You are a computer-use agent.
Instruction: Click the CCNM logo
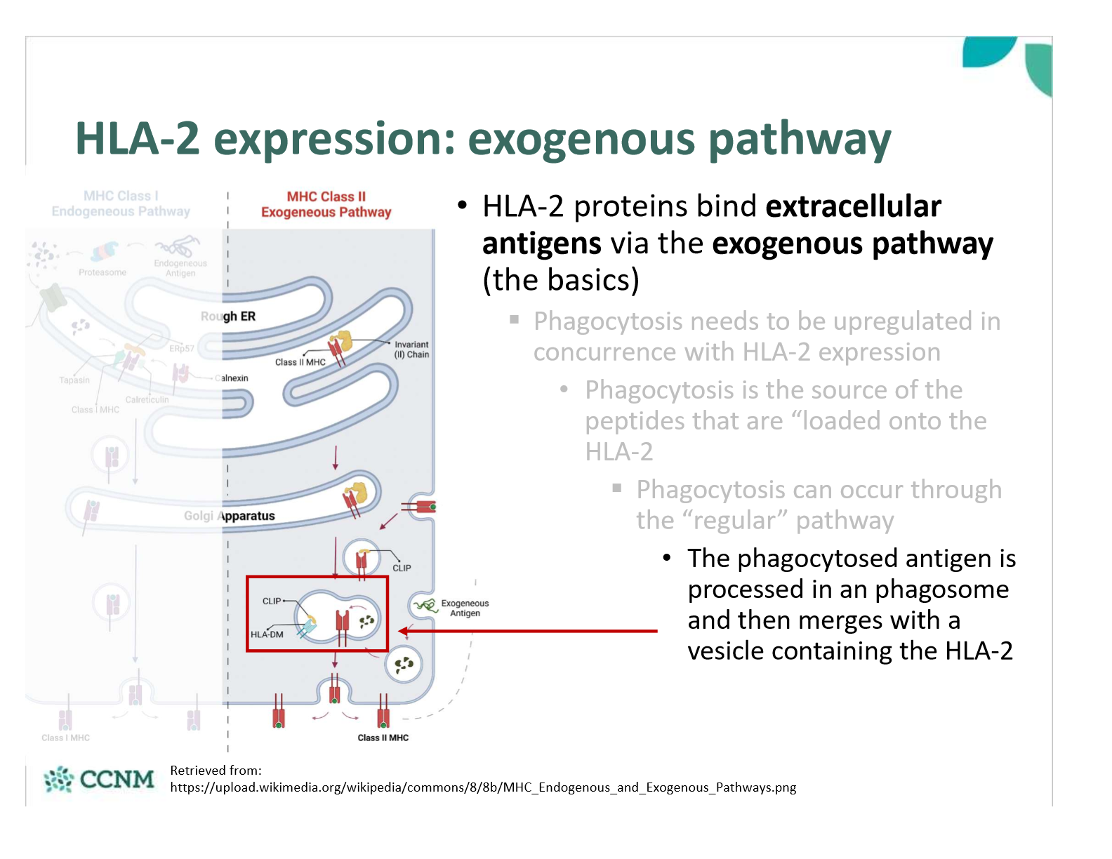(99, 779)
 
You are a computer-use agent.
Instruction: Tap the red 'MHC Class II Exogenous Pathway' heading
(326, 204)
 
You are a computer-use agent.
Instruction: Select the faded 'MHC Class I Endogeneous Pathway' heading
(121, 204)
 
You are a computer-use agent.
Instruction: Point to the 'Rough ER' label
(229, 317)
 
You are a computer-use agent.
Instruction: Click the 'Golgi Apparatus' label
(230, 516)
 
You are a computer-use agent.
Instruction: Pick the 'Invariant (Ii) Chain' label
(411, 349)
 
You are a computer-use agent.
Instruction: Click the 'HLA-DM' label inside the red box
(267, 634)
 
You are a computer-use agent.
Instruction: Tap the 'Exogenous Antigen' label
(465, 608)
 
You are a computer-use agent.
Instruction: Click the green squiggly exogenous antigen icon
(425, 605)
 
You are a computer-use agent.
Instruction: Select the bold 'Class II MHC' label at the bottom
(383, 738)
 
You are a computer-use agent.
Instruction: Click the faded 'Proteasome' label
(102, 272)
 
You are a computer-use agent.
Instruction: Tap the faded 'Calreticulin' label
(147, 399)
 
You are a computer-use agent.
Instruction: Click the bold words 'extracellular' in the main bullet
(853, 206)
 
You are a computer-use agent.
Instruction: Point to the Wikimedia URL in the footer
(483, 787)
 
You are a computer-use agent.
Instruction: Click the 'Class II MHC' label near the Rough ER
(300, 362)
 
